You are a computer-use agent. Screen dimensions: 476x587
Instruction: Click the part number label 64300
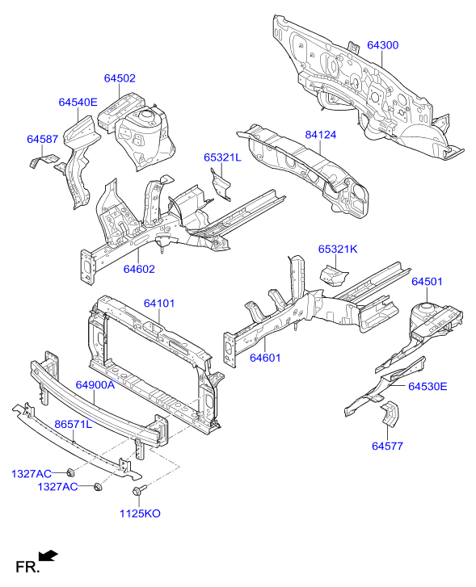click(383, 45)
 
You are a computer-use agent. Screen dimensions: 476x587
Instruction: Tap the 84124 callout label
click(321, 135)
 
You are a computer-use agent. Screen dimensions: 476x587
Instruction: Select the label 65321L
click(222, 157)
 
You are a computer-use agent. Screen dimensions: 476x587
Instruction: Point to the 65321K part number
click(338, 249)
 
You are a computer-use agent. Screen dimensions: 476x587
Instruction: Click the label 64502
click(120, 78)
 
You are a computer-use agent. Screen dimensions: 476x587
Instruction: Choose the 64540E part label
click(78, 103)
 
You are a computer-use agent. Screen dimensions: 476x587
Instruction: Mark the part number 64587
click(42, 139)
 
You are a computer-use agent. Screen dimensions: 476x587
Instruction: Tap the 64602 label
click(139, 269)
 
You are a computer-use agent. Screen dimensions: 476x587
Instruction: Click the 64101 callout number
click(159, 303)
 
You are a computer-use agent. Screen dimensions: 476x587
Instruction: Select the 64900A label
click(95, 384)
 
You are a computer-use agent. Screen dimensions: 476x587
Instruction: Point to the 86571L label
click(73, 424)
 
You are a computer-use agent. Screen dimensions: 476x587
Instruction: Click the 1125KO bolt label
click(140, 514)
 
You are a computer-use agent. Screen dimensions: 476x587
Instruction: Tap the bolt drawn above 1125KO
click(140, 489)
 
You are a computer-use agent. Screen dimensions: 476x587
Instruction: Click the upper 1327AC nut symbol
click(70, 472)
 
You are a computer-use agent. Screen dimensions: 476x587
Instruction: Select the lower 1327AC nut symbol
click(99, 486)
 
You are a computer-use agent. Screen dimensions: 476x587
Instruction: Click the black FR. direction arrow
click(48, 556)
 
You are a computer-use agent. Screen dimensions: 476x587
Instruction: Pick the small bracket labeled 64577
click(390, 414)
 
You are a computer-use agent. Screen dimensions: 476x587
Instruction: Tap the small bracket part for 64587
click(44, 160)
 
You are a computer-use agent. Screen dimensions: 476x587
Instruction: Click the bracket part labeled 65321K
click(333, 275)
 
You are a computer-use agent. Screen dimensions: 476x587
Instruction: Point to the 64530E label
click(428, 386)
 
